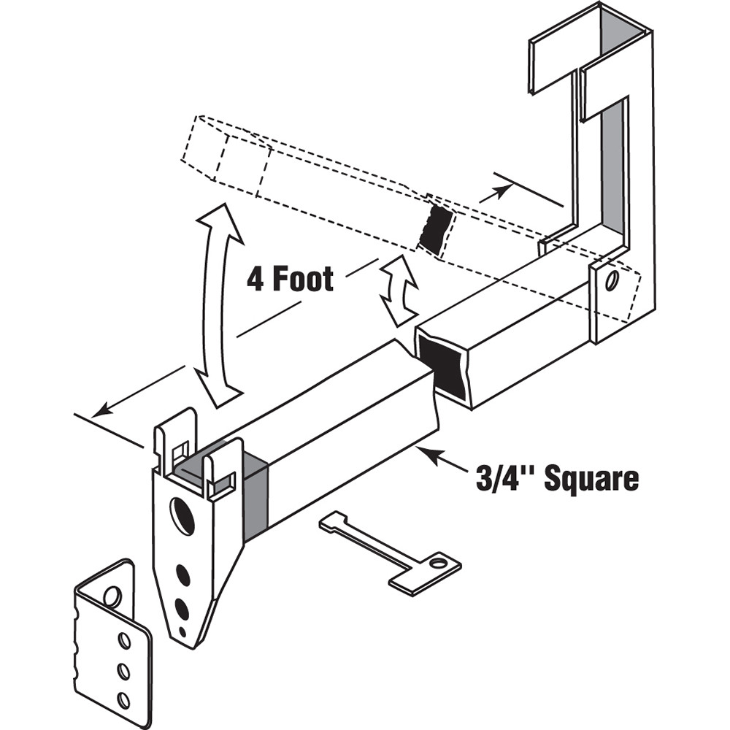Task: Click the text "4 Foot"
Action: [x=290, y=279]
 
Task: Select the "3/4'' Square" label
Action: [x=557, y=479]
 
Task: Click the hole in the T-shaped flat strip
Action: [x=438, y=563]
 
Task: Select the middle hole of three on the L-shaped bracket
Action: [x=123, y=670]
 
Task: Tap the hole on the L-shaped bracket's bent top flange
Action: [x=112, y=596]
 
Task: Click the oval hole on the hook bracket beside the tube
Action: [x=610, y=282]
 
